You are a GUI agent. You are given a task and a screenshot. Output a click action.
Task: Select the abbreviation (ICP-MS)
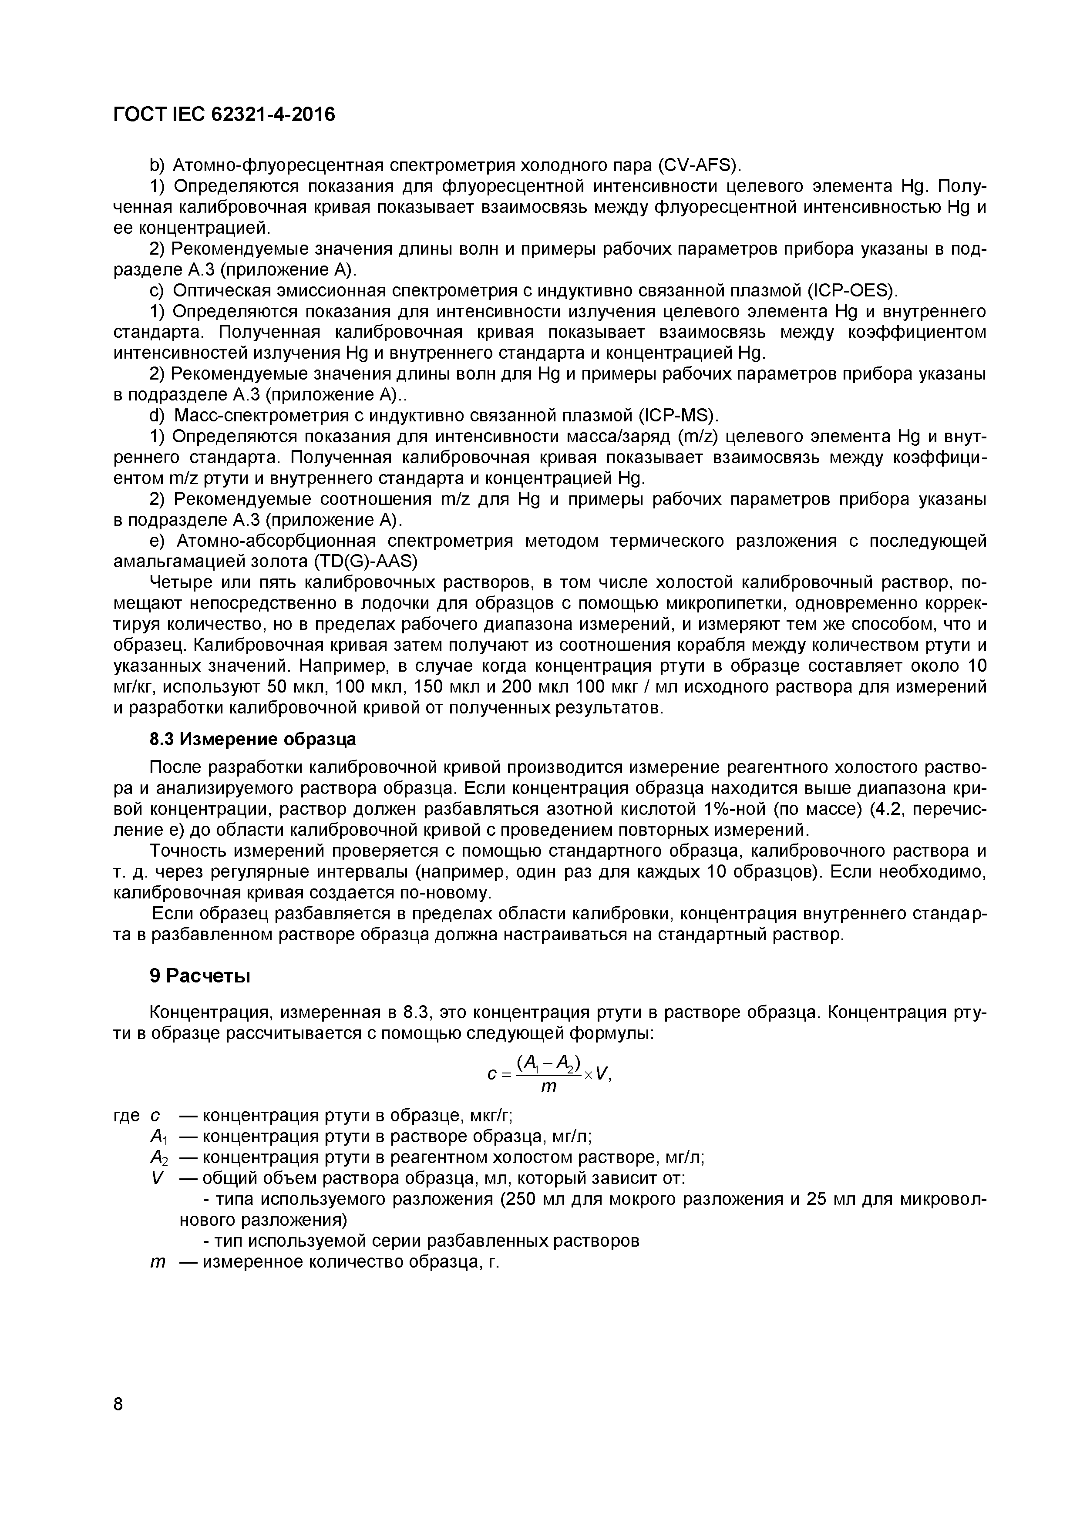point(679,416)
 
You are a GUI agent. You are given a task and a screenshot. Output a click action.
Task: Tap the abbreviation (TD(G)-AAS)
point(365,562)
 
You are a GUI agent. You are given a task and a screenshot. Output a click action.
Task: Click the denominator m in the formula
point(548,1087)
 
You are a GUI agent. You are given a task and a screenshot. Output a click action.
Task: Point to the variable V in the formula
point(602,1073)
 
